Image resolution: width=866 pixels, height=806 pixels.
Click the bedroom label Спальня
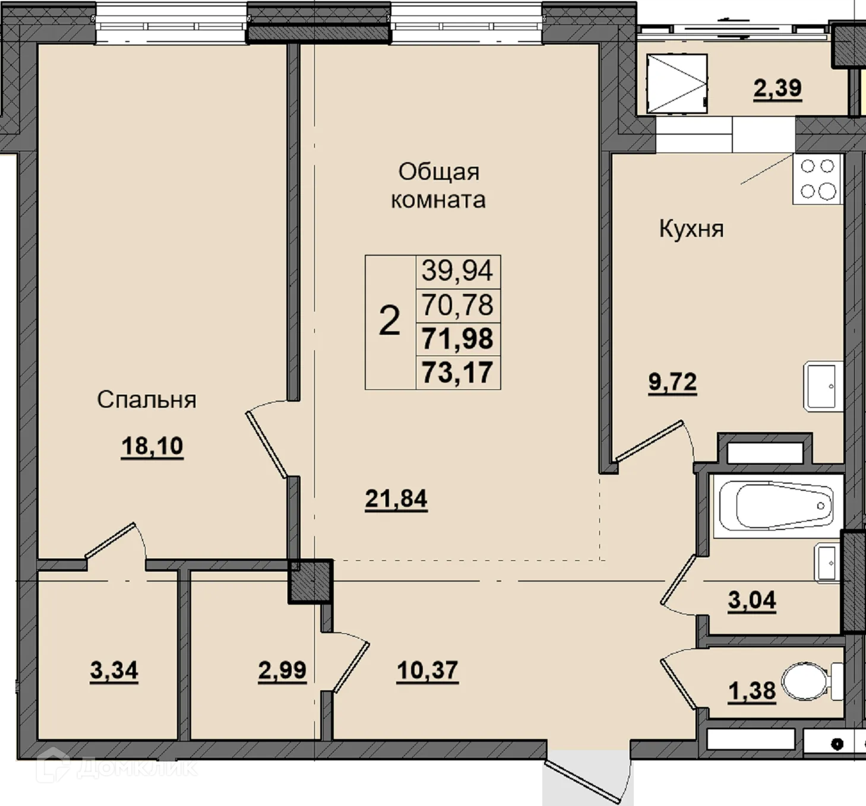(x=147, y=400)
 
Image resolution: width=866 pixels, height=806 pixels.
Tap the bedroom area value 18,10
(x=152, y=446)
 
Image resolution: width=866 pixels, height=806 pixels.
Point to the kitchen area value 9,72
(x=672, y=382)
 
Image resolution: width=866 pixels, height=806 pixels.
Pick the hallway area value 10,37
(x=427, y=670)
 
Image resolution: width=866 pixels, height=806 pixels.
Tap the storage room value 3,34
(x=114, y=671)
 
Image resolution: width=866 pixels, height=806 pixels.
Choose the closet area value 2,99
(x=282, y=671)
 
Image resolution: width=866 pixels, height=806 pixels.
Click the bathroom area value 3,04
(x=752, y=600)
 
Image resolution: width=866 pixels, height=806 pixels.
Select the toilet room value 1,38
(x=752, y=691)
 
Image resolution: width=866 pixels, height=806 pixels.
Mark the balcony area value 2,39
(x=777, y=88)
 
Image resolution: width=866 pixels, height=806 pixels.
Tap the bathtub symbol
(x=776, y=506)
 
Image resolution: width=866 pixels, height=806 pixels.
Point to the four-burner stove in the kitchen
(x=817, y=179)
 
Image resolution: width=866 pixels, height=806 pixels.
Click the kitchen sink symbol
(x=823, y=386)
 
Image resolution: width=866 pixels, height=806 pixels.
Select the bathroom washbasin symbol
(x=827, y=563)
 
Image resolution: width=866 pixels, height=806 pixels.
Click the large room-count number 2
(x=390, y=321)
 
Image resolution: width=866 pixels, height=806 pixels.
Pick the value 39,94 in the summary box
(x=457, y=271)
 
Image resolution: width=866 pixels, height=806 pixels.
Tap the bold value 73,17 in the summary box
(x=457, y=373)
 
